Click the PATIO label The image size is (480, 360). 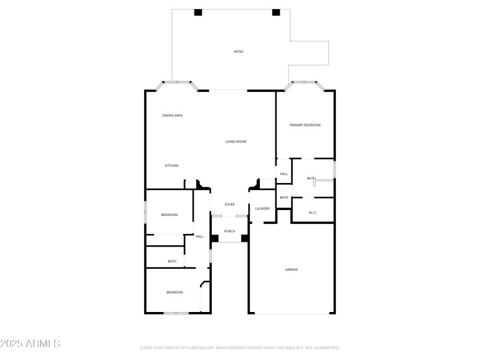(x=238, y=52)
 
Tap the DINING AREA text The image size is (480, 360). (x=172, y=115)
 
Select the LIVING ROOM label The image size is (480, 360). (x=236, y=142)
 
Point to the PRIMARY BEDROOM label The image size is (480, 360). (x=305, y=125)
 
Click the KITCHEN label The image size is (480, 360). (x=172, y=166)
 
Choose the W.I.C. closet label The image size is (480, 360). (x=313, y=212)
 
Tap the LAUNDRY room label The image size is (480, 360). (x=262, y=209)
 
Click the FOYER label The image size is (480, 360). (x=230, y=205)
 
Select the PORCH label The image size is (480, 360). (x=230, y=231)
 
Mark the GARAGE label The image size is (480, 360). (x=291, y=269)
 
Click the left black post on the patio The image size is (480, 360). (x=198, y=12)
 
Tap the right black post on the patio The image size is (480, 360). (x=276, y=12)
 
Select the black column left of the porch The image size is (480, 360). (x=214, y=238)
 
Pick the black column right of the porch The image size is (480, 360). (x=245, y=238)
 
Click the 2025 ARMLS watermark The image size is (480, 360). (x=30, y=344)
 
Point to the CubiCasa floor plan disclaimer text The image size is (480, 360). (x=240, y=347)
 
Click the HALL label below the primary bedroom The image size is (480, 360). (x=284, y=174)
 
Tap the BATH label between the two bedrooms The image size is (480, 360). (x=172, y=261)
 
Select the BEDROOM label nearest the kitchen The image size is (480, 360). (x=169, y=215)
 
